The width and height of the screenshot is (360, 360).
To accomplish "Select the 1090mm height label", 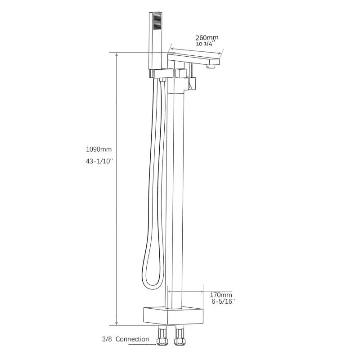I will click(x=99, y=149).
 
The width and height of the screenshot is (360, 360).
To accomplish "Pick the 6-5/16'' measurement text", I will click(x=223, y=301).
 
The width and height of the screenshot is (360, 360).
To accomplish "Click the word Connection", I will click(x=132, y=339).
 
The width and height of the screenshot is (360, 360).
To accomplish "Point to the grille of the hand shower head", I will click(x=157, y=22).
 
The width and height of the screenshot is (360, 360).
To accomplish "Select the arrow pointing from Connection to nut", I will click(x=144, y=345).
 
